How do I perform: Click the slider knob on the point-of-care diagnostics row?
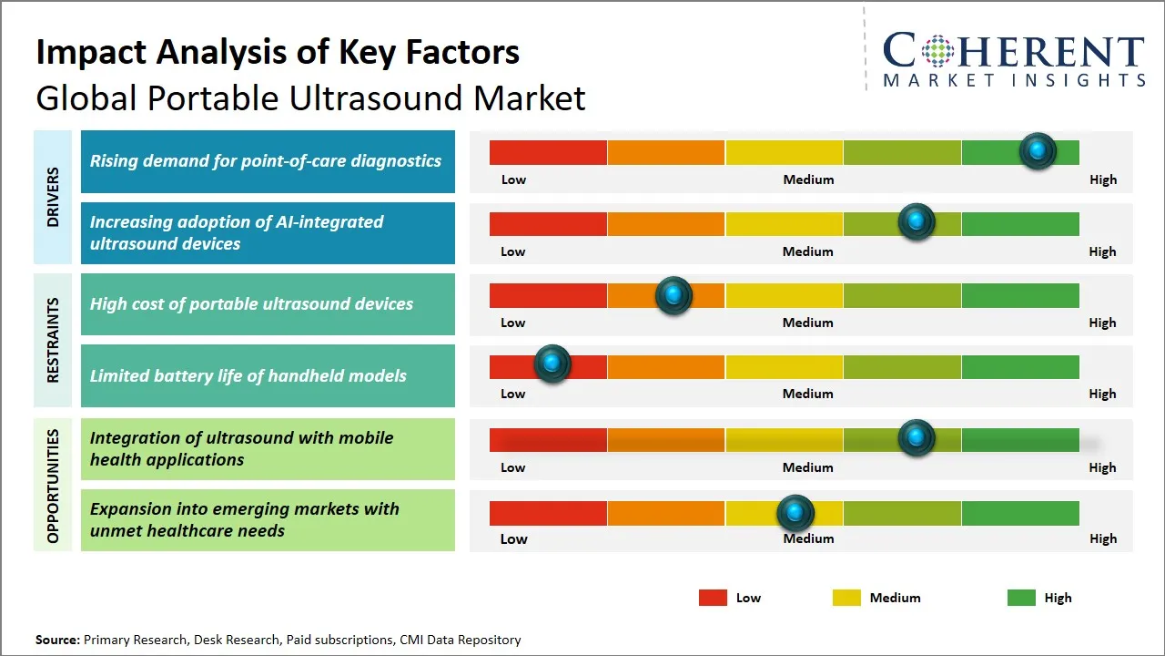1038,150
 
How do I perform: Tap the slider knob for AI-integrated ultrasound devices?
917,221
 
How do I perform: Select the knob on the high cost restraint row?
674,295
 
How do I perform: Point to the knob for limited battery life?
552,364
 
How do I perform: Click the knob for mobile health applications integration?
917,438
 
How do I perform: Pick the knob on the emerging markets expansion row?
795,514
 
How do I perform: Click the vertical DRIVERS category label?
53,197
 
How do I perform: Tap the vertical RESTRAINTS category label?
53,340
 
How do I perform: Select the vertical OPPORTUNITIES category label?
53,486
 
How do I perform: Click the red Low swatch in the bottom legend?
713,598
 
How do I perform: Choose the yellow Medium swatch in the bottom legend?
846,598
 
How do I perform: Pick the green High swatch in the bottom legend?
1021,598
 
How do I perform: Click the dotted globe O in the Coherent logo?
937,51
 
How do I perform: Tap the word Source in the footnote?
57,641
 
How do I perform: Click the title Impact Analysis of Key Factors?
278,52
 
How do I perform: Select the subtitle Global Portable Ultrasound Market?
310,98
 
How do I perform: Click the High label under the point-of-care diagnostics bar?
1102,179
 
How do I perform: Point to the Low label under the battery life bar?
513,394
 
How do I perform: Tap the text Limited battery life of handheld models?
248,375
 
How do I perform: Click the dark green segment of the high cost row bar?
1019,295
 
